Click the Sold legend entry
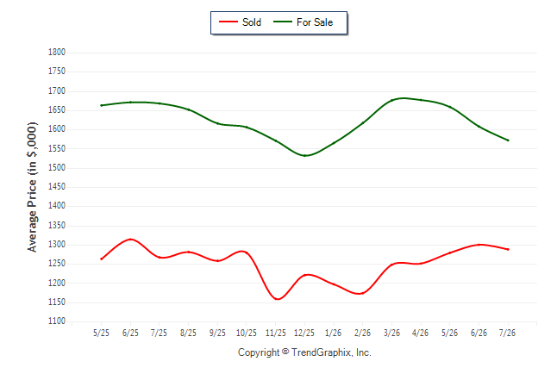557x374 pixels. pyautogui.click(x=241, y=22)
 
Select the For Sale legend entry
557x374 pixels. pyautogui.click(x=303, y=22)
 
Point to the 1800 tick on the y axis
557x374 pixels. pyautogui.click(x=57, y=53)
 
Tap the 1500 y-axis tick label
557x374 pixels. pyautogui.click(x=57, y=168)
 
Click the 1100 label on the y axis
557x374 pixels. pyautogui.click(x=57, y=321)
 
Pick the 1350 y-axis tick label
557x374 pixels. pyautogui.click(x=57, y=225)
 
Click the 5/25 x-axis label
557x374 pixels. pyautogui.click(x=101, y=333)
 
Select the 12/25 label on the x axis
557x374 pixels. pyautogui.click(x=304, y=333)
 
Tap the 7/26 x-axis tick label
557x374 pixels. pyautogui.click(x=507, y=333)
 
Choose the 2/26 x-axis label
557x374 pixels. pyautogui.click(x=362, y=333)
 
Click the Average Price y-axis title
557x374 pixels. pyautogui.click(x=32, y=187)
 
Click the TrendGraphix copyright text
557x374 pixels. pyautogui.click(x=304, y=352)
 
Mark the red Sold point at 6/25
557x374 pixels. pyautogui.click(x=131, y=240)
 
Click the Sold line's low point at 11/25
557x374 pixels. pyautogui.click(x=277, y=299)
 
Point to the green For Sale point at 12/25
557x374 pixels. pyautogui.click(x=304, y=156)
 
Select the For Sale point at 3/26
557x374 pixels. pyautogui.click(x=391, y=101)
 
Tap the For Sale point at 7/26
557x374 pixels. pyautogui.click(x=508, y=140)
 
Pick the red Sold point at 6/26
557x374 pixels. pyautogui.click(x=479, y=245)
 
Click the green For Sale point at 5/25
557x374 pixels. pyautogui.click(x=101, y=105)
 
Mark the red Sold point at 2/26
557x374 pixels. pyautogui.click(x=362, y=293)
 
